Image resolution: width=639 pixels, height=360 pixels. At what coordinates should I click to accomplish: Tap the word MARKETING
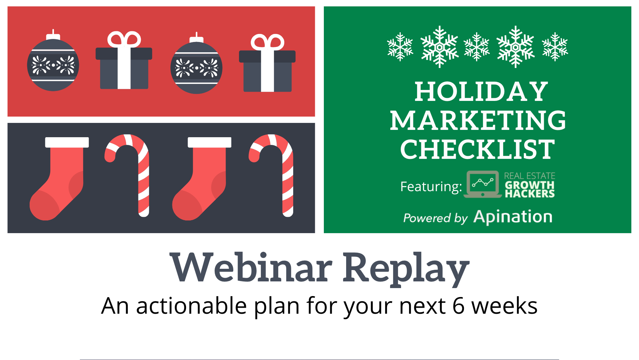478,120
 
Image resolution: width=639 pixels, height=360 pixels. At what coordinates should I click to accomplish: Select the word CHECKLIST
478,149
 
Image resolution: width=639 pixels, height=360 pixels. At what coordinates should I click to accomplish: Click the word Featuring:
431,186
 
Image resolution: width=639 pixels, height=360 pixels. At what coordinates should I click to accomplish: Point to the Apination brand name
513,217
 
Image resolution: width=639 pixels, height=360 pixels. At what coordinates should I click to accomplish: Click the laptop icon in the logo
483,184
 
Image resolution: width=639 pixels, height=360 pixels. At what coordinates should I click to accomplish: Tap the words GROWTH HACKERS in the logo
530,189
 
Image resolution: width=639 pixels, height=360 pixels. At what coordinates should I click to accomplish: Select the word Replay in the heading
406,269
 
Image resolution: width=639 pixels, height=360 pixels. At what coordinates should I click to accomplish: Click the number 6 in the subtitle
458,306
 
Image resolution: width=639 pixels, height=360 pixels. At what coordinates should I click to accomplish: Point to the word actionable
191,305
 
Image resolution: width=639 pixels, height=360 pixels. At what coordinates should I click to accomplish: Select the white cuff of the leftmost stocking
67,142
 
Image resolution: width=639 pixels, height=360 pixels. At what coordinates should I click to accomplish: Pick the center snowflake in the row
477,47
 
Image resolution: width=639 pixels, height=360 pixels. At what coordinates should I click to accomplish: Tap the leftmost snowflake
400,47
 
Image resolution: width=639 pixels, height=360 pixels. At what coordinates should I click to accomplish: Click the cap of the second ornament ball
196,38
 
